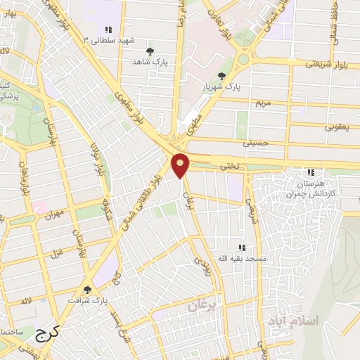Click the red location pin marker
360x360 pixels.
click(181, 165)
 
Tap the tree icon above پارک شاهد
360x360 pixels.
click(150, 51)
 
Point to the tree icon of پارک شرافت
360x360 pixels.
click(87, 289)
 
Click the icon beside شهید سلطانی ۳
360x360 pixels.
click(108, 30)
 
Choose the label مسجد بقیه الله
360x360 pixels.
click(242, 259)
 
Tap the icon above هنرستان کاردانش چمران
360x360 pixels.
click(311, 173)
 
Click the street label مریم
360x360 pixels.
click(262, 103)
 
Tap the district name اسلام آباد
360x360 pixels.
click(293, 321)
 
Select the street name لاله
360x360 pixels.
click(27, 301)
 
